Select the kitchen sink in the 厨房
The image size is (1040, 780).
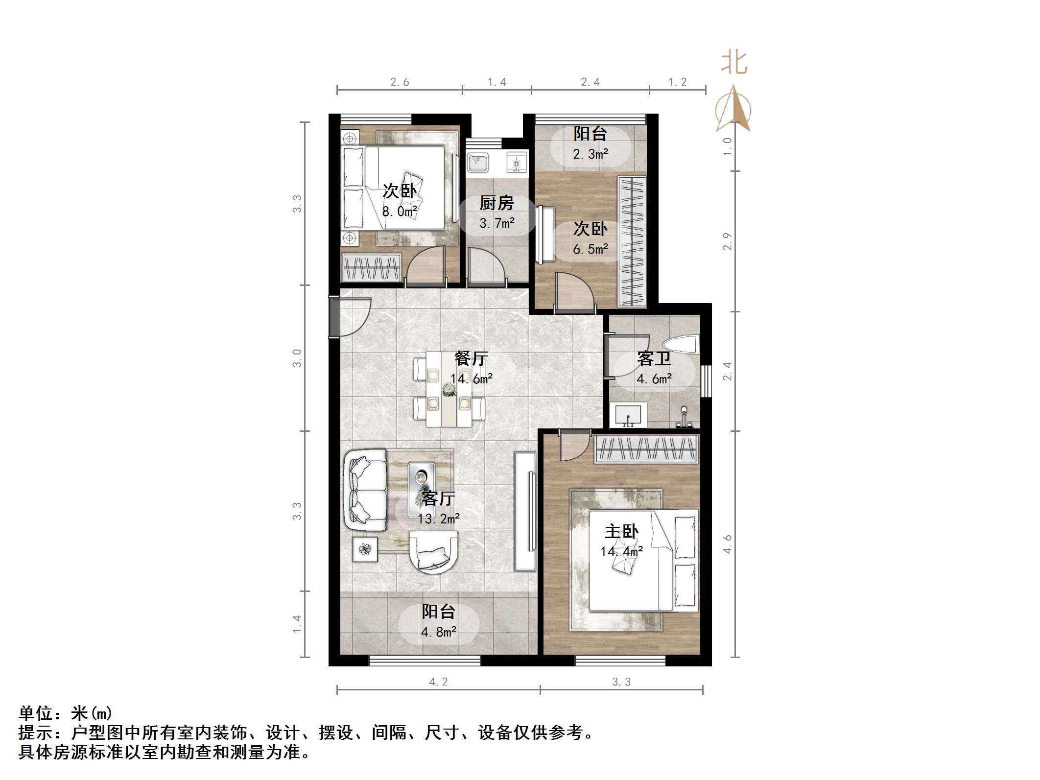pos(477,162)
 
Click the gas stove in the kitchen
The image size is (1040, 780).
pos(516,161)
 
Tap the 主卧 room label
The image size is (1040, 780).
pos(621,531)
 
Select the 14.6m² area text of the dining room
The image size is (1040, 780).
pos(472,378)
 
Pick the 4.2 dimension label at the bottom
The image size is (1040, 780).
pos(438,682)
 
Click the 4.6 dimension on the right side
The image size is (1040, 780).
pos(728,544)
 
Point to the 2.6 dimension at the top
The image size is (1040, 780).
pos(400,82)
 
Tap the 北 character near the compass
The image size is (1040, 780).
pos(734,63)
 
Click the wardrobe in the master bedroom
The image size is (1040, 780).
pos(646,449)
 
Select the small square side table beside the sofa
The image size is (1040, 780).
pos(365,549)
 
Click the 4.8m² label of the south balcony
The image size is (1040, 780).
pos(439,632)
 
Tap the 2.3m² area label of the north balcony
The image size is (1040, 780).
pos(591,154)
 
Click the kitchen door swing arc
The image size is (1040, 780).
pos(484,266)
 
